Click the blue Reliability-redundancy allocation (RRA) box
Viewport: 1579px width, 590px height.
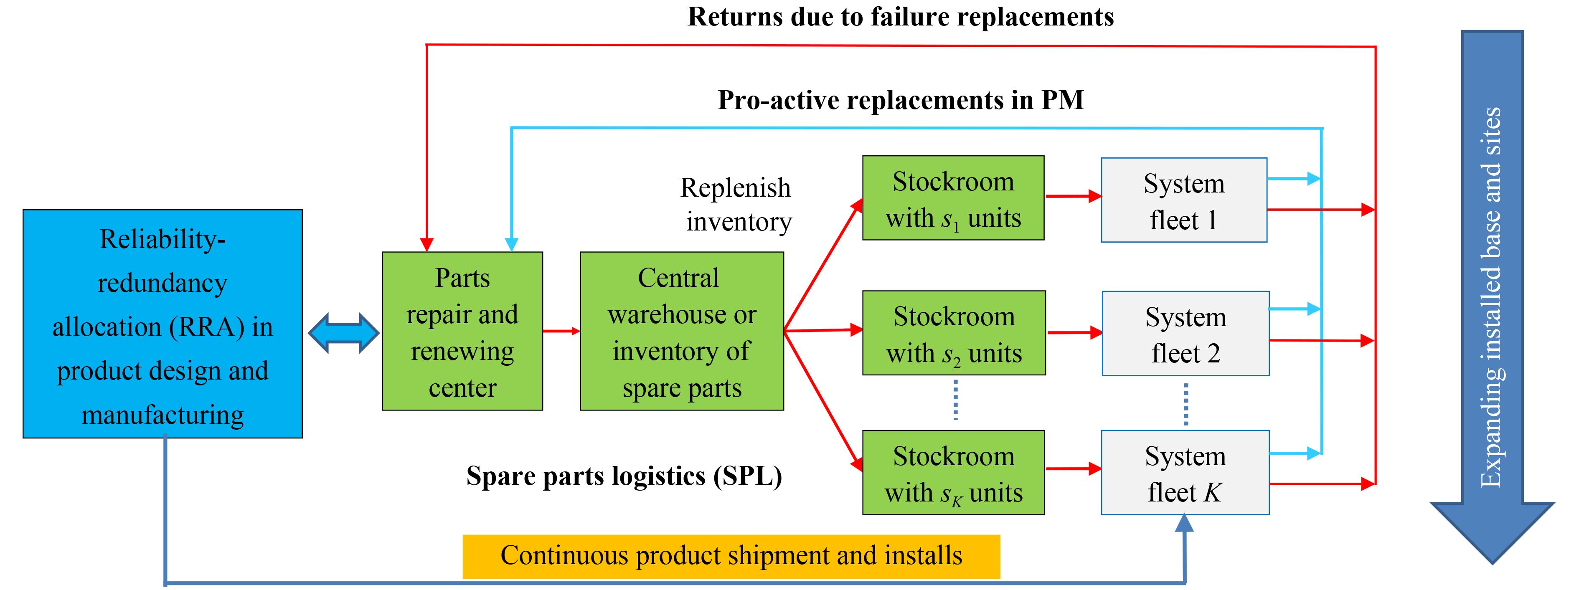162,324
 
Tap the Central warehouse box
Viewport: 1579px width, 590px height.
682,331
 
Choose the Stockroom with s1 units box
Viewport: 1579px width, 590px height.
953,198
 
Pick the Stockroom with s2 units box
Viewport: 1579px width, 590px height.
954,333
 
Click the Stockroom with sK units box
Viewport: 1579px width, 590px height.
953,472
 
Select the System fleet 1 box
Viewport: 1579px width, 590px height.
1184,200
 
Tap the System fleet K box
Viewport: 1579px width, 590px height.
1185,472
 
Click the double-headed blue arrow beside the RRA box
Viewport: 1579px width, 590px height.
343,333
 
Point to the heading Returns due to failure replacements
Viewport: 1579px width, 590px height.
901,17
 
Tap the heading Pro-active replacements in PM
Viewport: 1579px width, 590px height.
901,100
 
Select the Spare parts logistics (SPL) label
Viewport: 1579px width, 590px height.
624,476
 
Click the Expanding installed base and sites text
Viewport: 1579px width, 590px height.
1491,297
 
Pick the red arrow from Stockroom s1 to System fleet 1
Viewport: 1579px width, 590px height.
1073,196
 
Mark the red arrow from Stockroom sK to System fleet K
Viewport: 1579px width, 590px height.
1073,468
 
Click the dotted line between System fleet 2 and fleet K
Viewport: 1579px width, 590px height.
1186,404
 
